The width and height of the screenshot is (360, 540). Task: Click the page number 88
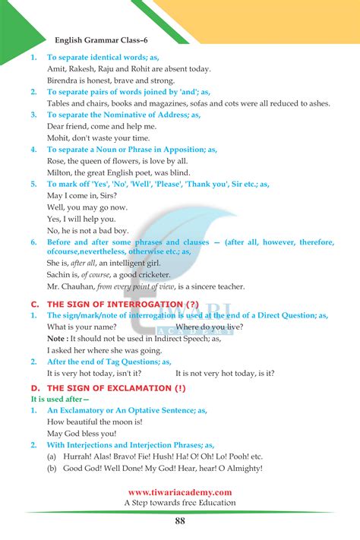coord(180,520)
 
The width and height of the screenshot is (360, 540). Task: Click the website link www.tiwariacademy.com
coord(180,491)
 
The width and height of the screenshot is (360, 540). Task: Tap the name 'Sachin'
coord(60,274)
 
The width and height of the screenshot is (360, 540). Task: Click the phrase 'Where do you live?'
coord(210,327)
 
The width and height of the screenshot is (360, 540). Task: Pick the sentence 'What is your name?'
coord(81,327)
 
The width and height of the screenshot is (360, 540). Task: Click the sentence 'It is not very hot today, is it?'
coord(225,374)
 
